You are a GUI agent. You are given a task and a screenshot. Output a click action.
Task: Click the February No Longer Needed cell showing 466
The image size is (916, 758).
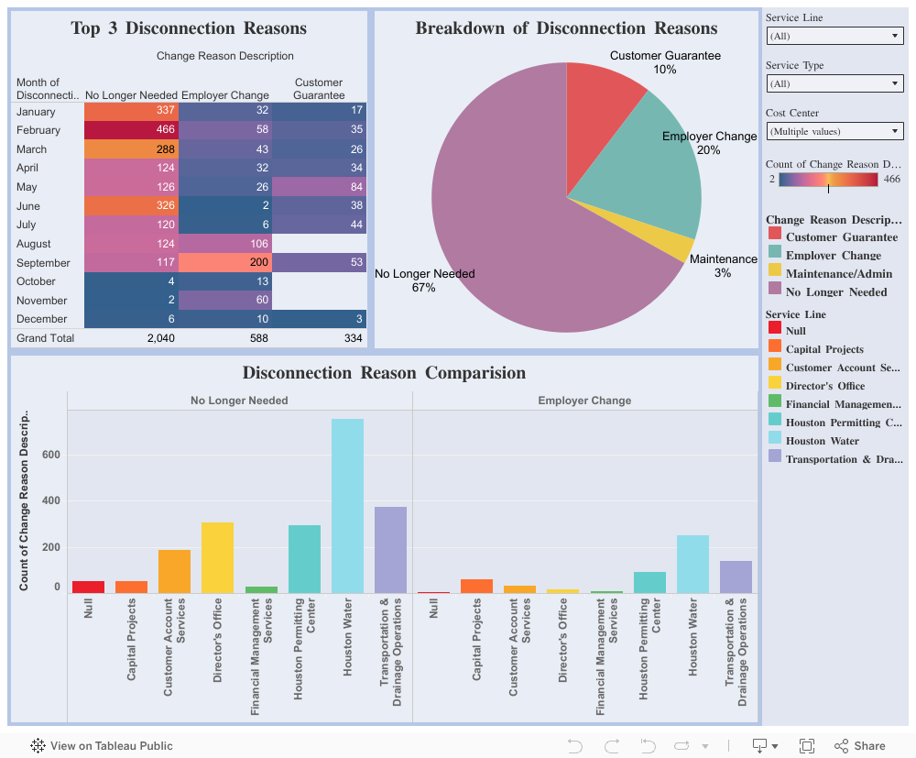(131, 130)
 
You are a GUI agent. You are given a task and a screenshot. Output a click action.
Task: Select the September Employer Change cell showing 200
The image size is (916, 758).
(225, 262)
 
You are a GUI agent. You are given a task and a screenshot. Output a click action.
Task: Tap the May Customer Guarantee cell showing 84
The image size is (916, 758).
(320, 187)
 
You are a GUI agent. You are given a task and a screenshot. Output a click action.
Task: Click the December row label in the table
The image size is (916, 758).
(42, 319)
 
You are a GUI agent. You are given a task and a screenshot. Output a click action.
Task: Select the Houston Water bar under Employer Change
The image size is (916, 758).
(692, 564)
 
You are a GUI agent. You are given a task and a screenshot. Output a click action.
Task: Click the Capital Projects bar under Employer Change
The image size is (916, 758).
(476, 586)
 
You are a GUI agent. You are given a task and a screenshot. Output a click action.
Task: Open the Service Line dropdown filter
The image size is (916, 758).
(834, 36)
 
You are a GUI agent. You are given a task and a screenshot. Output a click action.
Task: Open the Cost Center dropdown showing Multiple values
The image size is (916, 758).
(834, 131)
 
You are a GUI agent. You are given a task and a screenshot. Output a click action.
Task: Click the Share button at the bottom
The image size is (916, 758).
(860, 746)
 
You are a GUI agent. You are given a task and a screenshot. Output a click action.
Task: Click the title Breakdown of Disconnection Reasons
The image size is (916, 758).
(566, 28)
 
